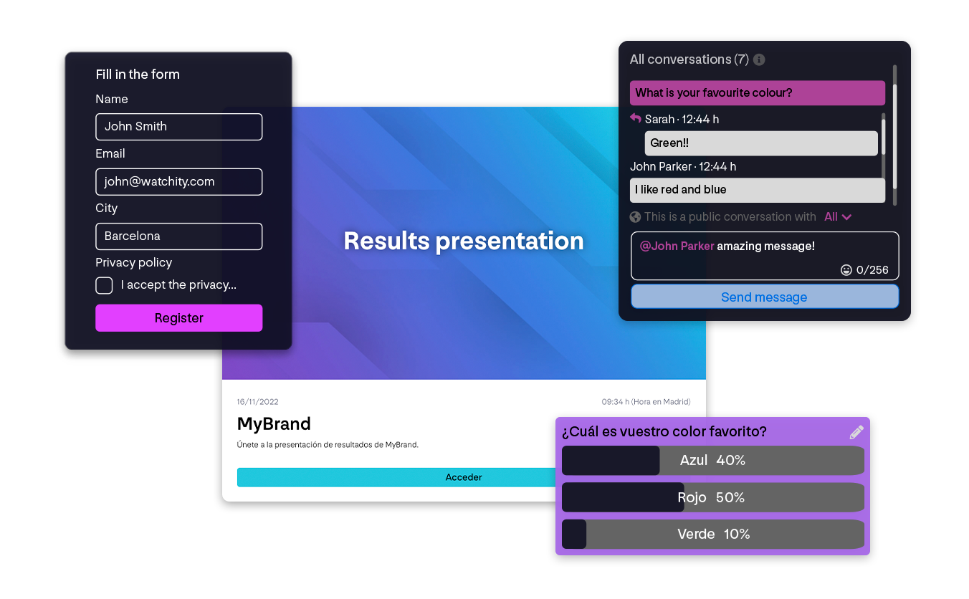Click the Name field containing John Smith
tap(178, 127)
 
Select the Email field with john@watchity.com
tap(178, 182)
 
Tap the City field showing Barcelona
tap(178, 236)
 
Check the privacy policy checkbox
tap(104, 285)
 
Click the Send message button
tap(764, 297)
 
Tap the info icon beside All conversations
tap(759, 59)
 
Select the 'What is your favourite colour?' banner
tap(757, 93)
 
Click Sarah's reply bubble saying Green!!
tap(760, 143)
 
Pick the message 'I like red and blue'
tap(757, 190)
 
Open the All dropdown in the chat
tap(838, 217)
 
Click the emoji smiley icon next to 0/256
tap(846, 270)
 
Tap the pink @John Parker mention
tap(677, 246)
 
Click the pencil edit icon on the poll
tap(856, 432)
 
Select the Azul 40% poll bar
tap(712, 461)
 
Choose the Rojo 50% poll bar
tap(712, 497)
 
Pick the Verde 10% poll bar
tap(712, 535)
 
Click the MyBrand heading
tap(274, 423)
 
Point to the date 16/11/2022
tap(257, 402)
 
